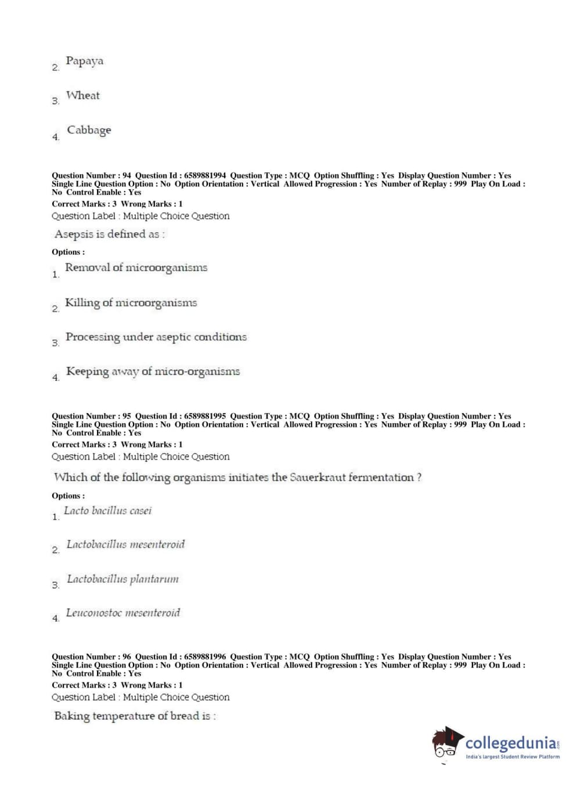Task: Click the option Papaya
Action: point(84,61)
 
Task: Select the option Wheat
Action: point(82,96)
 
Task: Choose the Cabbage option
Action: point(88,130)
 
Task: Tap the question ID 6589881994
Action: point(205,175)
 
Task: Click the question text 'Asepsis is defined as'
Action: point(109,234)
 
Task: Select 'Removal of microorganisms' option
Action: point(136,268)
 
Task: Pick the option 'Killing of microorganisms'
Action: point(131,302)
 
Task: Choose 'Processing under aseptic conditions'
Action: point(156,337)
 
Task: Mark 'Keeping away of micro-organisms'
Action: point(153,371)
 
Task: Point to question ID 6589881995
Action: point(205,416)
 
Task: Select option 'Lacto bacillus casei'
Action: point(107,511)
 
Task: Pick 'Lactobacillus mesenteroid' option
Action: point(125,544)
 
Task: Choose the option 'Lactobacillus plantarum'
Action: point(122,579)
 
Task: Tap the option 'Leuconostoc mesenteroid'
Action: point(123,613)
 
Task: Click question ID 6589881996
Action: point(205,657)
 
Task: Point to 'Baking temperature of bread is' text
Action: point(134,716)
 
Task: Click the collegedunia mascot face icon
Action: point(446,743)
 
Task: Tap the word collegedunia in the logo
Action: point(511,743)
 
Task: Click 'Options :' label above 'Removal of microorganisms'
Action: point(68,252)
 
